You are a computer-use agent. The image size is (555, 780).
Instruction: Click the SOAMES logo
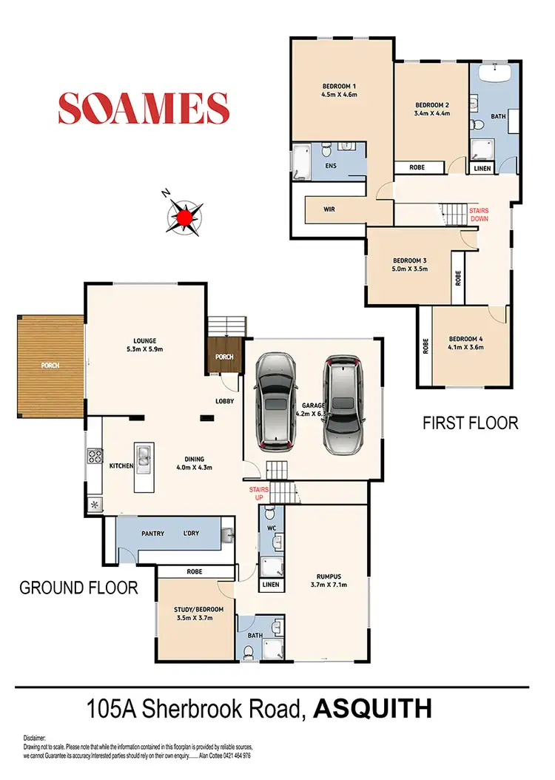coord(144,108)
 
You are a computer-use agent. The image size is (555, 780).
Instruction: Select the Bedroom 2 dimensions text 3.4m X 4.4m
coord(431,114)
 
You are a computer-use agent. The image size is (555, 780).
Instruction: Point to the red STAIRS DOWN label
coord(479,215)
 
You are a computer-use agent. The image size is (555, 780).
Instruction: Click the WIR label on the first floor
coord(329,209)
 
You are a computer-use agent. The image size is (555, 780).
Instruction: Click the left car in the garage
coord(275,400)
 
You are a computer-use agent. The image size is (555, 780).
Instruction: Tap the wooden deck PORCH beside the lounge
coord(51,365)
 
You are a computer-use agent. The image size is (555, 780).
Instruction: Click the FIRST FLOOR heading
coord(470,423)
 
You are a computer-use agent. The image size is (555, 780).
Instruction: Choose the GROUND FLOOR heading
coord(78,588)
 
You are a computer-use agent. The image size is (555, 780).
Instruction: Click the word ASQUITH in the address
coord(373,708)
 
